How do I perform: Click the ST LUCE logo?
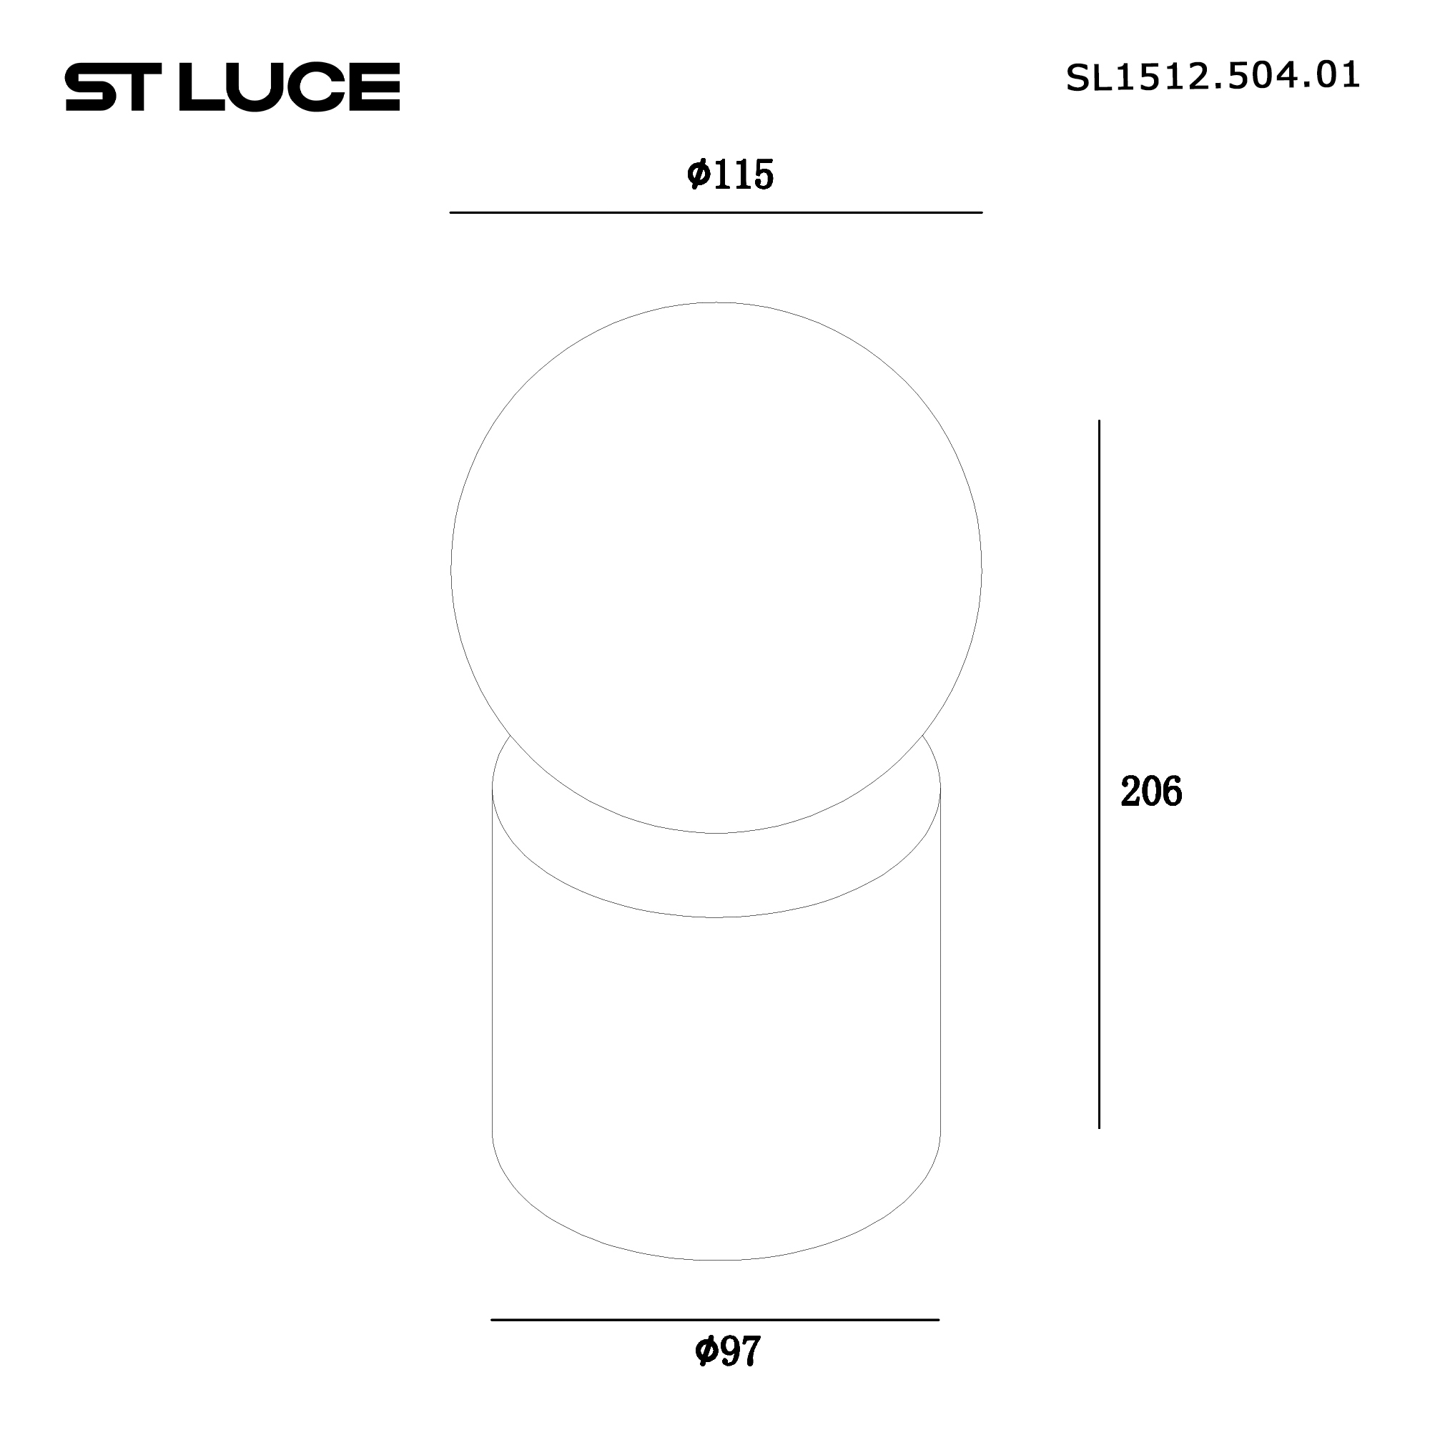(x=232, y=87)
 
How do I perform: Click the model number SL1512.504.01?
(x=1213, y=77)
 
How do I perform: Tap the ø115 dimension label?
(x=730, y=175)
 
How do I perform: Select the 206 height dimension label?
(x=1151, y=792)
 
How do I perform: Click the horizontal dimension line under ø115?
(x=716, y=212)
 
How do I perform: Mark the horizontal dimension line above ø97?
(x=715, y=1319)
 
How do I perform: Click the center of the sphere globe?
(x=716, y=568)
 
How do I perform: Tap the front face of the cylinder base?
(x=716, y=1073)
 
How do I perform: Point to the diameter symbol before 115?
(x=698, y=175)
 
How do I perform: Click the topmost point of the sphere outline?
(x=716, y=302)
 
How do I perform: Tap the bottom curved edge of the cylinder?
(x=716, y=1260)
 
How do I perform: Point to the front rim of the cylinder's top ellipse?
(x=716, y=917)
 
